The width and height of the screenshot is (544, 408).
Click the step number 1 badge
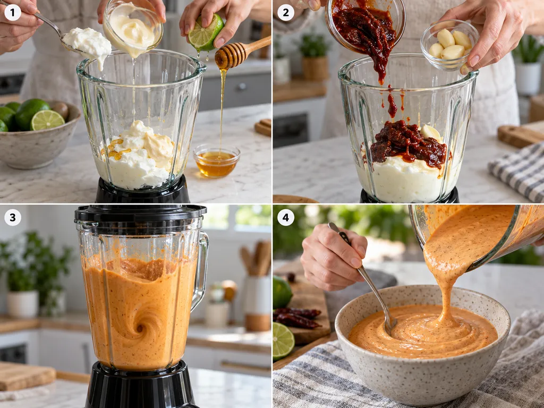click(x=13, y=13)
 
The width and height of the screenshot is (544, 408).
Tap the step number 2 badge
click(x=286, y=13)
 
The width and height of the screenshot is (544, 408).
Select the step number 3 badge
click(x=13, y=217)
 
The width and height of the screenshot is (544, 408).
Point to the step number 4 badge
click(x=286, y=217)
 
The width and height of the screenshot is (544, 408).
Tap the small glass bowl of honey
click(x=217, y=161)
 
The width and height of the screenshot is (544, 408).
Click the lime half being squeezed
click(x=206, y=32)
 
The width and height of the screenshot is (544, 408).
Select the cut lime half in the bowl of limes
click(x=47, y=120)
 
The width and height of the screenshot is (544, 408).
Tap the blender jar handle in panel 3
click(x=201, y=270)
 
